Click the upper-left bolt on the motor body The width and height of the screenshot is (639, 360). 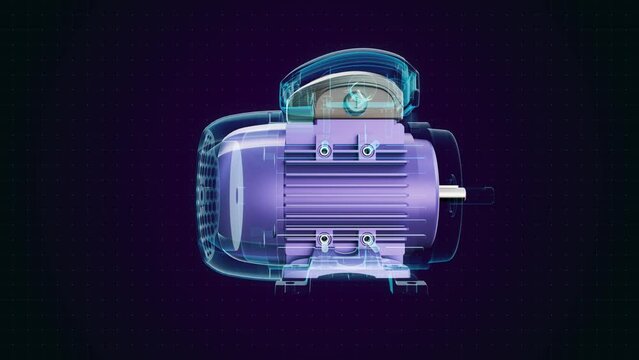pyautogui.click(x=326, y=150)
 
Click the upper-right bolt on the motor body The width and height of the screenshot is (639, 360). pyautogui.click(x=367, y=150)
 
